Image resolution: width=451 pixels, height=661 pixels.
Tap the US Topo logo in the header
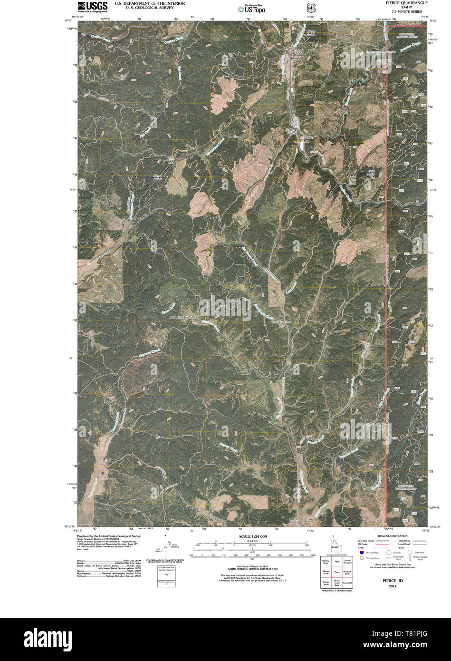click(251, 8)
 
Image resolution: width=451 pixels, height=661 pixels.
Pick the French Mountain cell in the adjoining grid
click(347, 562)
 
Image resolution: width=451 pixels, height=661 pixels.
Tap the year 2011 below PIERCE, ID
click(393, 586)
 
